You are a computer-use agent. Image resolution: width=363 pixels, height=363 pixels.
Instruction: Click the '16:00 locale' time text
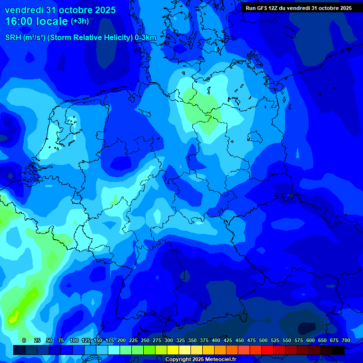[37, 22]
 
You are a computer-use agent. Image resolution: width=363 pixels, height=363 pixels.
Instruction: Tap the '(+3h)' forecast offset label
[80, 21]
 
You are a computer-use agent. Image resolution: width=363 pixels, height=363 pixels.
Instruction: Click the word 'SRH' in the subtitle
[13, 38]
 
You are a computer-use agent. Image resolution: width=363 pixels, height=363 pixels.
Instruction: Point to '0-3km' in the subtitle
[146, 38]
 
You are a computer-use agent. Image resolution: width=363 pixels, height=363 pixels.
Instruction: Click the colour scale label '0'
[24, 340]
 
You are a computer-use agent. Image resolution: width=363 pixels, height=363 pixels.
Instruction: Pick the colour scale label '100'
[74, 340]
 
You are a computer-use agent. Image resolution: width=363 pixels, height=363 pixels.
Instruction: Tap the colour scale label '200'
[121, 340]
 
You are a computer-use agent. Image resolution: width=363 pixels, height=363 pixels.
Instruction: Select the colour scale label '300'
[169, 340]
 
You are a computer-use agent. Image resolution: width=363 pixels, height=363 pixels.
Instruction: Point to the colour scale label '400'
[216, 340]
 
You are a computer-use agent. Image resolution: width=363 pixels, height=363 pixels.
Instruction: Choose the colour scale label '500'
[263, 340]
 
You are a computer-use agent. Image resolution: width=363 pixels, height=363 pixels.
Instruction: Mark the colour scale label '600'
[311, 340]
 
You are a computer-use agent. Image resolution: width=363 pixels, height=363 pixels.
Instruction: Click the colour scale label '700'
[346, 340]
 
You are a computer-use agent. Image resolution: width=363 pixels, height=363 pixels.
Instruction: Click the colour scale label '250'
[145, 340]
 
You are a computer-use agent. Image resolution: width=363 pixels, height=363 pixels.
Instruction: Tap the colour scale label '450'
[240, 340]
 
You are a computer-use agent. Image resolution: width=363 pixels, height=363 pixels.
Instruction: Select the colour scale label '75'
[61, 340]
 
